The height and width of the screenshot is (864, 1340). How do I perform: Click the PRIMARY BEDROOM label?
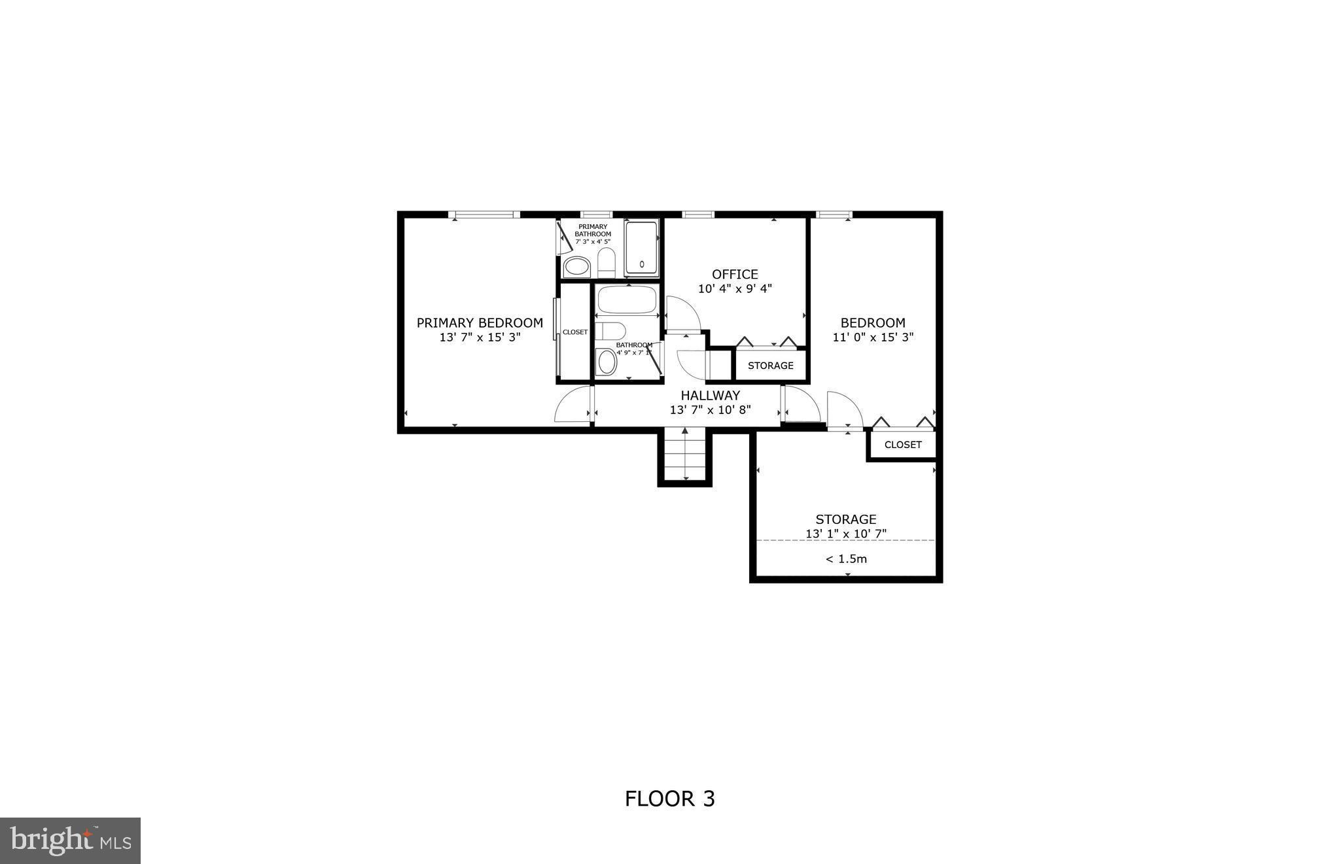pyautogui.click(x=480, y=322)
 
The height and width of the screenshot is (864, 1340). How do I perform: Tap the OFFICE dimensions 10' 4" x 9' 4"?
pyautogui.click(x=735, y=288)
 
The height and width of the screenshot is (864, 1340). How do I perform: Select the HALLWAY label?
pyautogui.click(x=710, y=395)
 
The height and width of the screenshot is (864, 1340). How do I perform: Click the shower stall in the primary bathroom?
pyautogui.click(x=641, y=248)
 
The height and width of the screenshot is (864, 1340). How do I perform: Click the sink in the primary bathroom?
pyautogui.click(x=576, y=266)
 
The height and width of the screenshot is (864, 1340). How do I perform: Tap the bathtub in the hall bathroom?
pyautogui.click(x=626, y=300)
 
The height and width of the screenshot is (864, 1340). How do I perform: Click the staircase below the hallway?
pyautogui.click(x=684, y=455)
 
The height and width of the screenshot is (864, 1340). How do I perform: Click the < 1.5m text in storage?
pyautogui.click(x=845, y=559)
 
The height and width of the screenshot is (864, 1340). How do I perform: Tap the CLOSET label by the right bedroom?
pyautogui.click(x=902, y=445)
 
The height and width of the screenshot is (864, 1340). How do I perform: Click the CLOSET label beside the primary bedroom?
pyautogui.click(x=575, y=332)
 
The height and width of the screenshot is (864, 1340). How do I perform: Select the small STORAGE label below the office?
pyautogui.click(x=770, y=366)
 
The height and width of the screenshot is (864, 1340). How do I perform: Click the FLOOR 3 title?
pyautogui.click(x=669, y=799)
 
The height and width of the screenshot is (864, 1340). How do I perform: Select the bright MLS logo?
pyautogui.click(x=70, y=840)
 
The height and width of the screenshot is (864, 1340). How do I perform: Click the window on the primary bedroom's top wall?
pyautogui.click(x=484, y=215)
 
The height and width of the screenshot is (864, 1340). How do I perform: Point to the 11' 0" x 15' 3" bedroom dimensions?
pyautogui.click(x=872, y=337)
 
